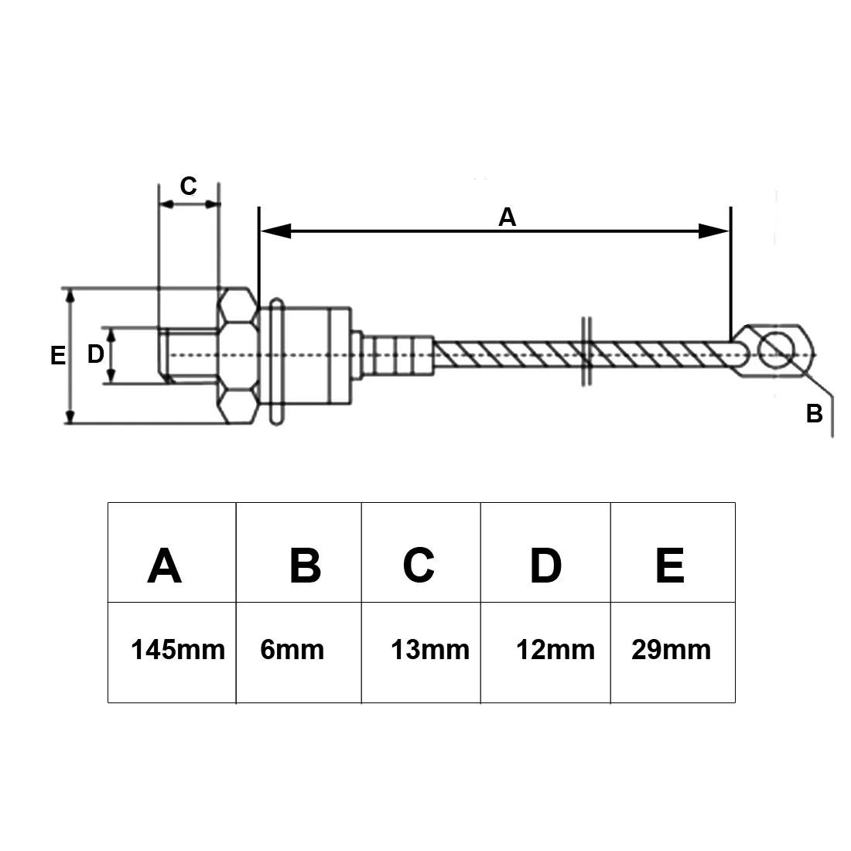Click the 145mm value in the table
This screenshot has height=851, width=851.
178,649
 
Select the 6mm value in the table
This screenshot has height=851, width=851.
292,649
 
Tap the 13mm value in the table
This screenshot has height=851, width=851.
430,649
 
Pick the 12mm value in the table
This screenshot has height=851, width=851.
555,649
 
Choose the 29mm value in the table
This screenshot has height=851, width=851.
671,649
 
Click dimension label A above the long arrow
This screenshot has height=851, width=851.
507,217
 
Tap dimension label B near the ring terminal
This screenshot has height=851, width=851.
814,414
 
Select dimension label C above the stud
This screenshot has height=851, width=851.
188,186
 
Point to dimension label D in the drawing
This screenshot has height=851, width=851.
95,354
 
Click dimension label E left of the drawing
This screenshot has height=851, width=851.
57,356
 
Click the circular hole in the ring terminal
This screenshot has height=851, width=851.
776,350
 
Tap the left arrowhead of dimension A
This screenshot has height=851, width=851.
275,231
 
